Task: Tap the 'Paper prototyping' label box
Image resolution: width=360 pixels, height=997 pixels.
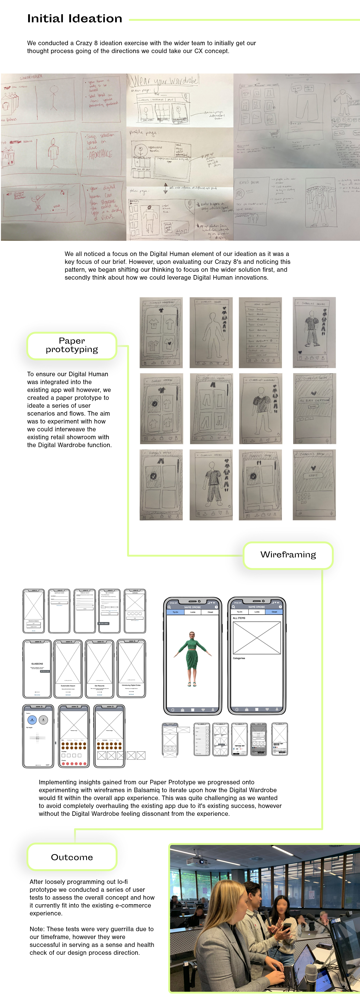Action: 72,345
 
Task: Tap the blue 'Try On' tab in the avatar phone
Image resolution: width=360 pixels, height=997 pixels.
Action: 175,612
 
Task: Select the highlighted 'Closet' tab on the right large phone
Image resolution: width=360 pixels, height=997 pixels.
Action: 274,612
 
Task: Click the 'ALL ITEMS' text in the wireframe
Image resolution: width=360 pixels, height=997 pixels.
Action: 239,618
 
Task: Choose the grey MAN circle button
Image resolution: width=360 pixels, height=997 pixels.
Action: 43,720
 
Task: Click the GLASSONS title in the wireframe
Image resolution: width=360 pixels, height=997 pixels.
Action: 37,664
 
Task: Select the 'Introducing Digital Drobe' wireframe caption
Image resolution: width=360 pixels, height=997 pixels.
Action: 131,685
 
